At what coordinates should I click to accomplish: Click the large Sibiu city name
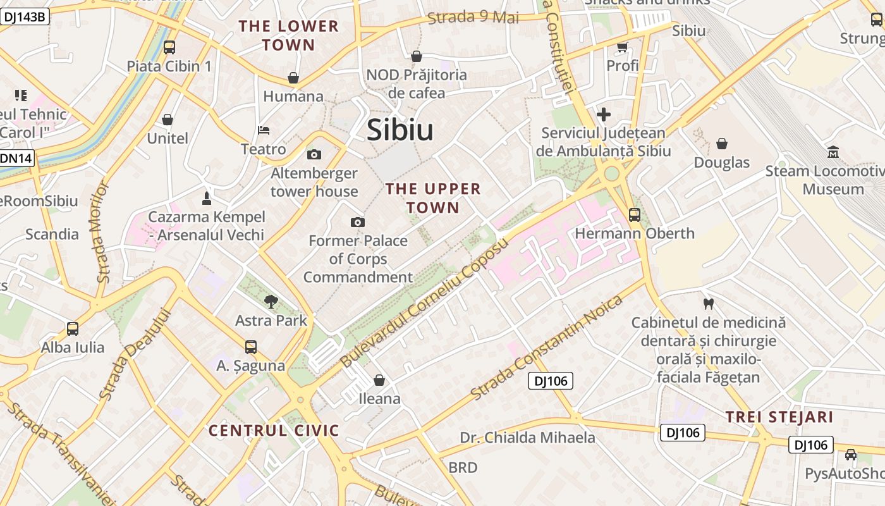pos(400,130)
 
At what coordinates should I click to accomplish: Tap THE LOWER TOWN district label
pos(288,35)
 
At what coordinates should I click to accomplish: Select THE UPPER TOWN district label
pos(433,198)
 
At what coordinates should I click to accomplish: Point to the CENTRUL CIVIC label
pos(274,431)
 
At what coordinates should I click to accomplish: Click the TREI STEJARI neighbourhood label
pos(779,417)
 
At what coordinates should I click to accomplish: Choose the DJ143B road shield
pos(24,16)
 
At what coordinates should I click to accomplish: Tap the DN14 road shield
pos(16,158)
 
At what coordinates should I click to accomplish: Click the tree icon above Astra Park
pos(271,301)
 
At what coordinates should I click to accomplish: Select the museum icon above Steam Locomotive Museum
pos(833,152)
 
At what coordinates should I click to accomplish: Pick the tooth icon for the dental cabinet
pos(708,304)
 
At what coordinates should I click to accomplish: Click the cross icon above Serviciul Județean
pos(604,114)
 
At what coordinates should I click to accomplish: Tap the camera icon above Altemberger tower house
pos(314,154)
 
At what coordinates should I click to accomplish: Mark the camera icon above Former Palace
pos(358,222)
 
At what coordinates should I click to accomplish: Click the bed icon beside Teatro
pos(264,130)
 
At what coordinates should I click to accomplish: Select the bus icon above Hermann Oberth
pos(634,214)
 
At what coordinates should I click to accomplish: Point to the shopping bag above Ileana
pos(379,380)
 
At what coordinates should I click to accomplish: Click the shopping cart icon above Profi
pos(622,47)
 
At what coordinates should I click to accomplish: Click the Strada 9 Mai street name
pos(473,17)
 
